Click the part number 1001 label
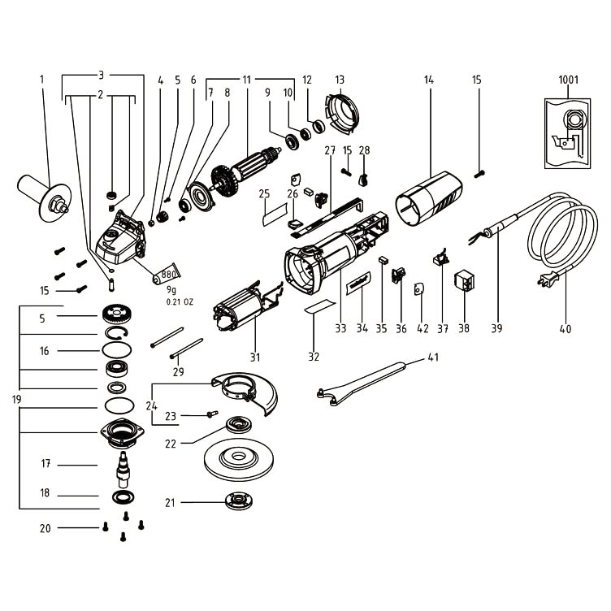(x=569, y=80)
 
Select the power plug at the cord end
(x=544, y=281)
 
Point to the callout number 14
(x=428, y=80)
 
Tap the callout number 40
(x=565, y=329)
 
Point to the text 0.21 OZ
(x=180, y=301)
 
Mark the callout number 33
(x=340, y=329)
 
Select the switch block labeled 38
(x=465, y=280)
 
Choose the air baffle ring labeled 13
(x=337, y=115)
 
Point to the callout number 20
(x=45, y=529)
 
